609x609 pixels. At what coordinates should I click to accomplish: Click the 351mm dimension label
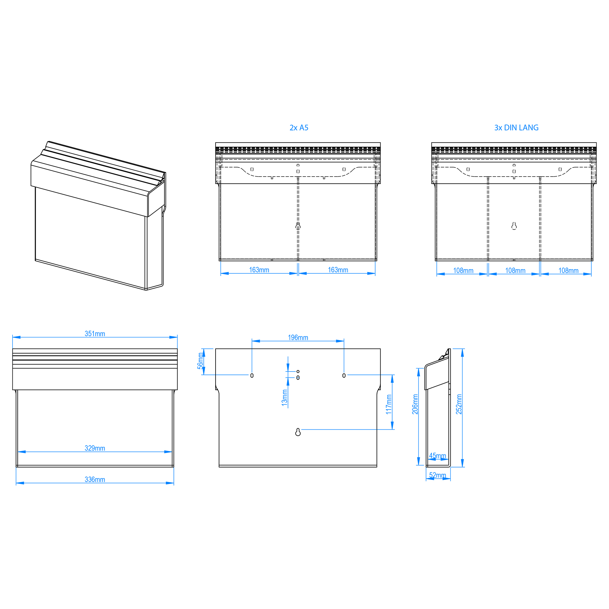coord(95,334)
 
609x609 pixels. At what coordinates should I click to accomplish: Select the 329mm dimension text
coord(95,448)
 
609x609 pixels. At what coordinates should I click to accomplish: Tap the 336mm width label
coord(95,480)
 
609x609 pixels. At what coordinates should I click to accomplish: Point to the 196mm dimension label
coord(298,338)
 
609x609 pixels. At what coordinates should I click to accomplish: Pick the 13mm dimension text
coord(285,398)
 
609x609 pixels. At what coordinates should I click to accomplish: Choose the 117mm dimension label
coord(389,404)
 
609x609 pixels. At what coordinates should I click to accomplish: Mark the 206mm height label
coord(415,404)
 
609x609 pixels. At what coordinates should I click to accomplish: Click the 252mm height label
coord(459,404)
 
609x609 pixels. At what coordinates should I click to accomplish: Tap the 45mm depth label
coord(438,456)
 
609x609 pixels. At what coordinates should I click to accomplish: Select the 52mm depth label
coord(438,475)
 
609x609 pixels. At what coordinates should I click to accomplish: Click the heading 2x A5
coord(299,128)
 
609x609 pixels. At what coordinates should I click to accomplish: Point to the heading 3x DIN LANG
coord(516,128)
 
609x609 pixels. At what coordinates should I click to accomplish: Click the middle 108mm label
coord(516,270)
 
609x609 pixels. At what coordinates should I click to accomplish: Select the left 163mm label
coord(259,270)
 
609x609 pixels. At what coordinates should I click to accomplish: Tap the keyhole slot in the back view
coord(298,432)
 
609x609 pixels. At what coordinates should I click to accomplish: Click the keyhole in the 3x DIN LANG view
coord(514,226)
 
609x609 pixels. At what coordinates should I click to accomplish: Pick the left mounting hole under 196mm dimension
coord(252,375)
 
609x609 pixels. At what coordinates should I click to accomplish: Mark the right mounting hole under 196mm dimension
coord(344,375)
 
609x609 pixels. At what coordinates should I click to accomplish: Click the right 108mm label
coord(569,270)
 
